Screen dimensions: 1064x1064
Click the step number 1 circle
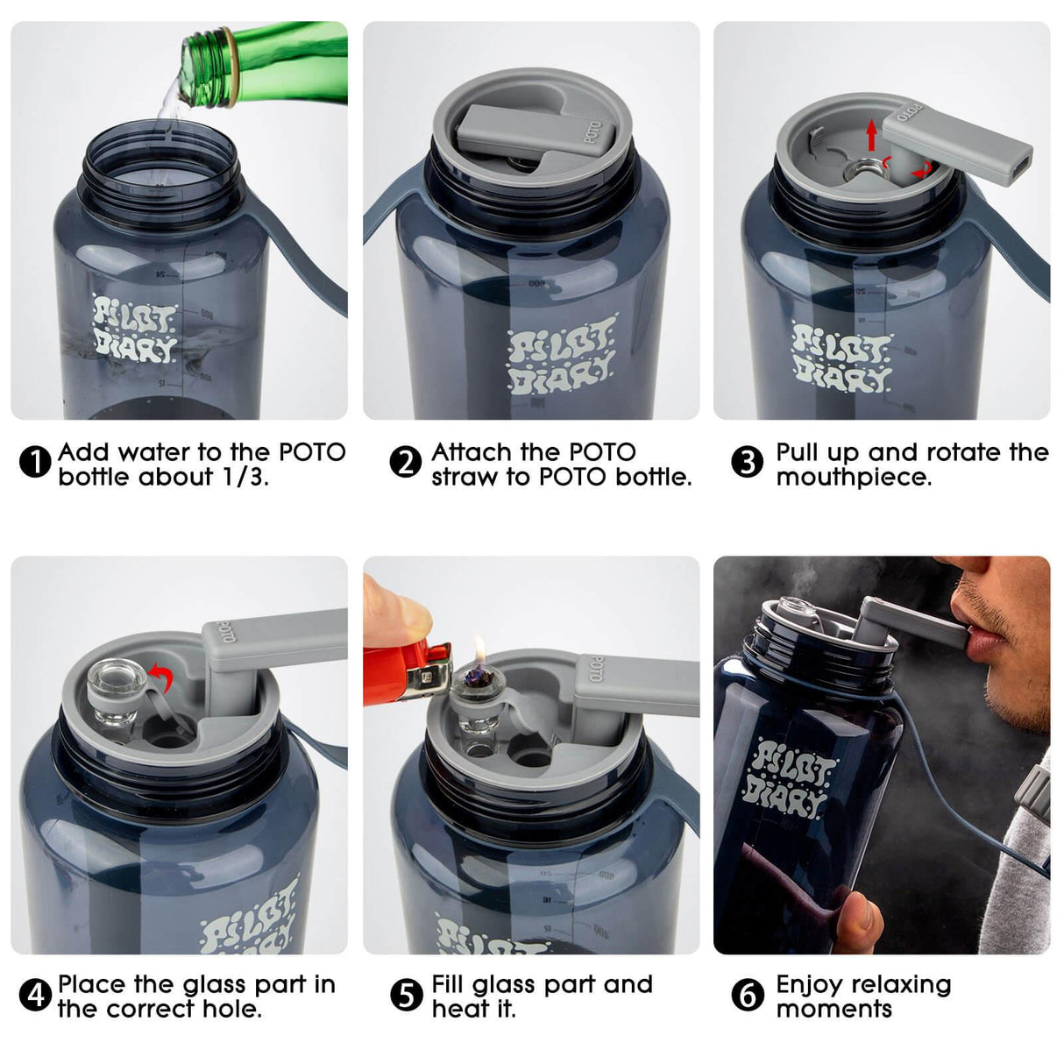[35, 463]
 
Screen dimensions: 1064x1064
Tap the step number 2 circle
[405, 463]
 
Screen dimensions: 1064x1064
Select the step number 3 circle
[747, 463]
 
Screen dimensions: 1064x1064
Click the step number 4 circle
[35, 996]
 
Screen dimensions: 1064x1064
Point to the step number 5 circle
[405, 996]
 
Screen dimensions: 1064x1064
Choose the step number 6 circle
[747, 996]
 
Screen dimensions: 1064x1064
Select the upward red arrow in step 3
[871, 135]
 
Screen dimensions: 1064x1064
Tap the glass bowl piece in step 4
[118, 692]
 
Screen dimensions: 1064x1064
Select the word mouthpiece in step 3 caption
[853, 478]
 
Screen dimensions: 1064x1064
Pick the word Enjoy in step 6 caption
[808, 985]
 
